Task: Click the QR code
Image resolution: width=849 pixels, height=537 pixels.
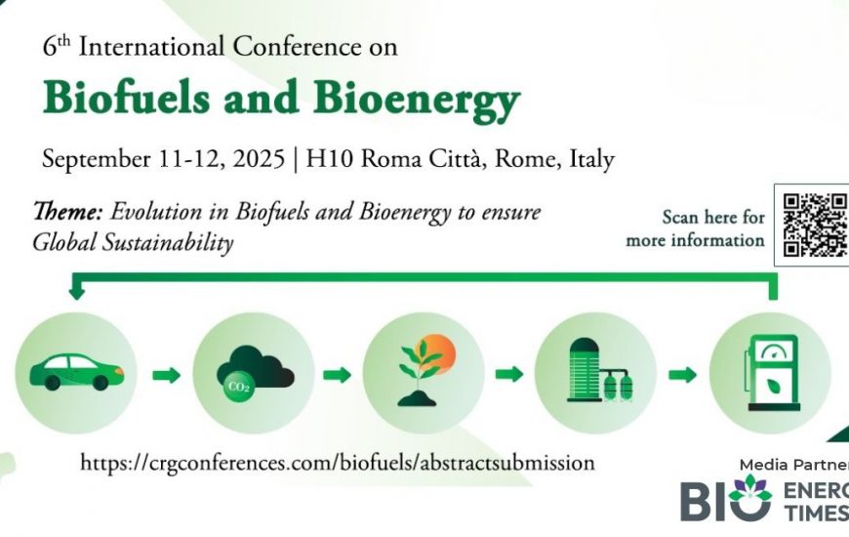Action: point(815,225)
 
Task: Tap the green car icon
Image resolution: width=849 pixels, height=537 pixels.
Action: point(76,372)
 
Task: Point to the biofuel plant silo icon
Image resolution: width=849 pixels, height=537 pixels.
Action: point(599,371)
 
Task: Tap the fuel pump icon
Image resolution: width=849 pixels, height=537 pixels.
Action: point(772,373)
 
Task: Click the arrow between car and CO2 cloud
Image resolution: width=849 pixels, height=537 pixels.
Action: point(166,375)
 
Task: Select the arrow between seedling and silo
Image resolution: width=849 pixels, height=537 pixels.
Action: point(509,373)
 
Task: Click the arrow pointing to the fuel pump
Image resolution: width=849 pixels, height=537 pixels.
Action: point(682,374)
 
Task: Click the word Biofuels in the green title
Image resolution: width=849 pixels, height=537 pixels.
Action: point(126,98)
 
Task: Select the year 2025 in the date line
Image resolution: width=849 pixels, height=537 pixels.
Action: point(259,159)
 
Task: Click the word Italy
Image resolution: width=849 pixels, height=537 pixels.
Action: point(591,160)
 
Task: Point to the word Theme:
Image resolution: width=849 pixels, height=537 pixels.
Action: point(67,211)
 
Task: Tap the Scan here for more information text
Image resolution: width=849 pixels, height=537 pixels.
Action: point(695,228)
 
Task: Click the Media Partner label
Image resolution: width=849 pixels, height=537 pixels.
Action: point(793,465)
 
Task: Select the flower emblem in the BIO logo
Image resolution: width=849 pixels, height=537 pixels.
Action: point(749,487)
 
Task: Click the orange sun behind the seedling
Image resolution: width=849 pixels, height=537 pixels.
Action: point(437,353)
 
